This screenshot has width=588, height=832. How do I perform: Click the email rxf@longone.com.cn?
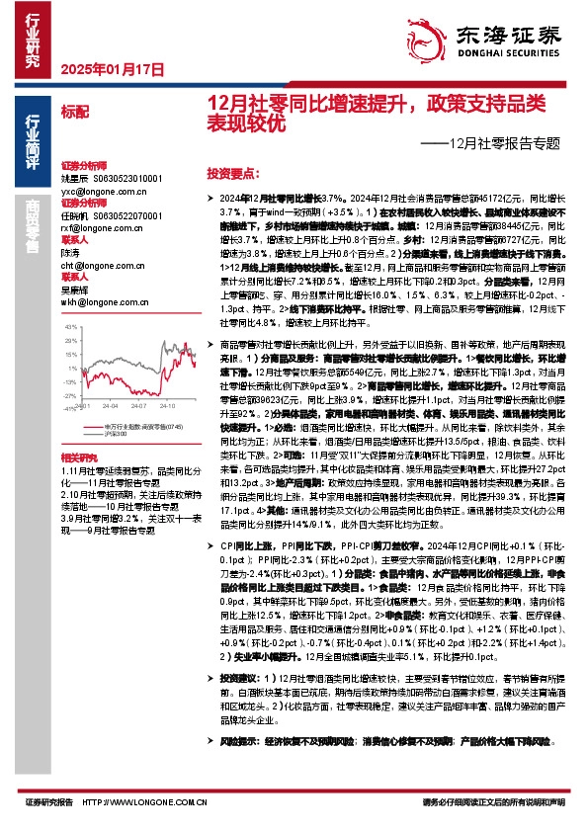[x=98, y=228]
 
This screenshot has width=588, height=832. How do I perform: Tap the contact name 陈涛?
[x=70, y=254]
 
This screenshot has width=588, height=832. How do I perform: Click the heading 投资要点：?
[x=233, y=172]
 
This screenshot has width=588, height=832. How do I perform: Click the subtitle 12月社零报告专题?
[x=504, y=143]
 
